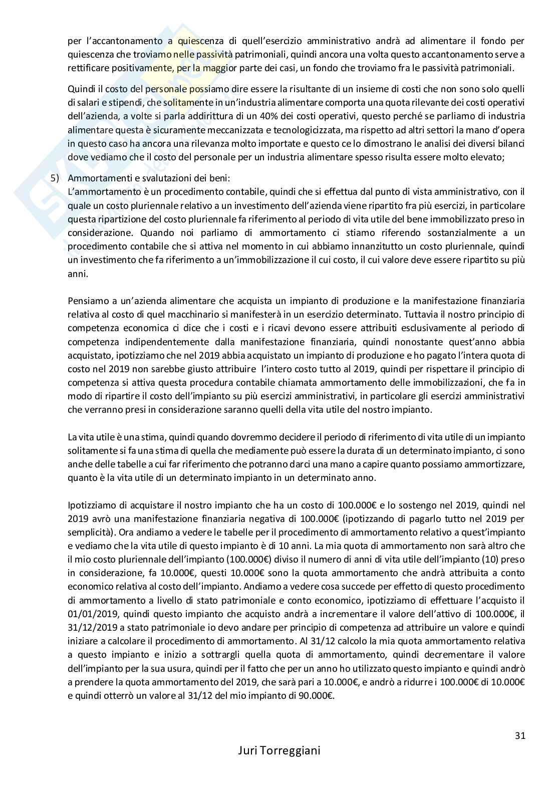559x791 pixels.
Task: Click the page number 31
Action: click(519, 736)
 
